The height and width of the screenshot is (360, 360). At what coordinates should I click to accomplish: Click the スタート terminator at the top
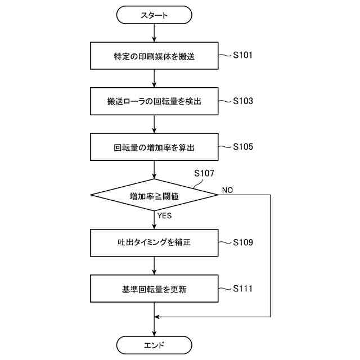click(x=154, y=15)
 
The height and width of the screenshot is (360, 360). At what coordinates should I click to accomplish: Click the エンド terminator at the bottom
click(x=154, y=344)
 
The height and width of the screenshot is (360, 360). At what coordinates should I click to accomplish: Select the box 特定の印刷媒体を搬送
click(x=154, y=56)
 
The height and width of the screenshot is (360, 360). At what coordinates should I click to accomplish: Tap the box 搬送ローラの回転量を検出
click(x=154, y=102)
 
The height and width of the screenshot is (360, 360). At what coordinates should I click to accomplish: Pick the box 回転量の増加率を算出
click(x=154, y=147)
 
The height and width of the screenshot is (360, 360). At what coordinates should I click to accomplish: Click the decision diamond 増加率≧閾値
click(x=154, y=195)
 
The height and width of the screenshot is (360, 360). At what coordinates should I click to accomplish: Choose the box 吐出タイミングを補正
click(x=154, y=243)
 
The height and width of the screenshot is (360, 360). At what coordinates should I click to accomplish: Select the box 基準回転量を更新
click(x=154, y=289)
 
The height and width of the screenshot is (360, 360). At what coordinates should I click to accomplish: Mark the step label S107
click(x=203, y=173)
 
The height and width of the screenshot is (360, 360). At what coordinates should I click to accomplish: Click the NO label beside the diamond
click(x=227, y=190)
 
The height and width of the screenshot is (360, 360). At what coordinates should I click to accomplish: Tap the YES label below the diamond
click(x=165, y=215)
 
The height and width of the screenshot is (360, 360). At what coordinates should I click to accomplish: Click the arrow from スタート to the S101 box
click(x=154, y=33)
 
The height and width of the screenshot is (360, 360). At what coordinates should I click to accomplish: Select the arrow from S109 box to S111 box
click(x=154, y=265)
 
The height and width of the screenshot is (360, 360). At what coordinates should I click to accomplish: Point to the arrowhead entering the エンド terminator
click(x=154, y=333)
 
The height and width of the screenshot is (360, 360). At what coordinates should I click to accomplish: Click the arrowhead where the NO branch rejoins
click(x=157, y=317)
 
